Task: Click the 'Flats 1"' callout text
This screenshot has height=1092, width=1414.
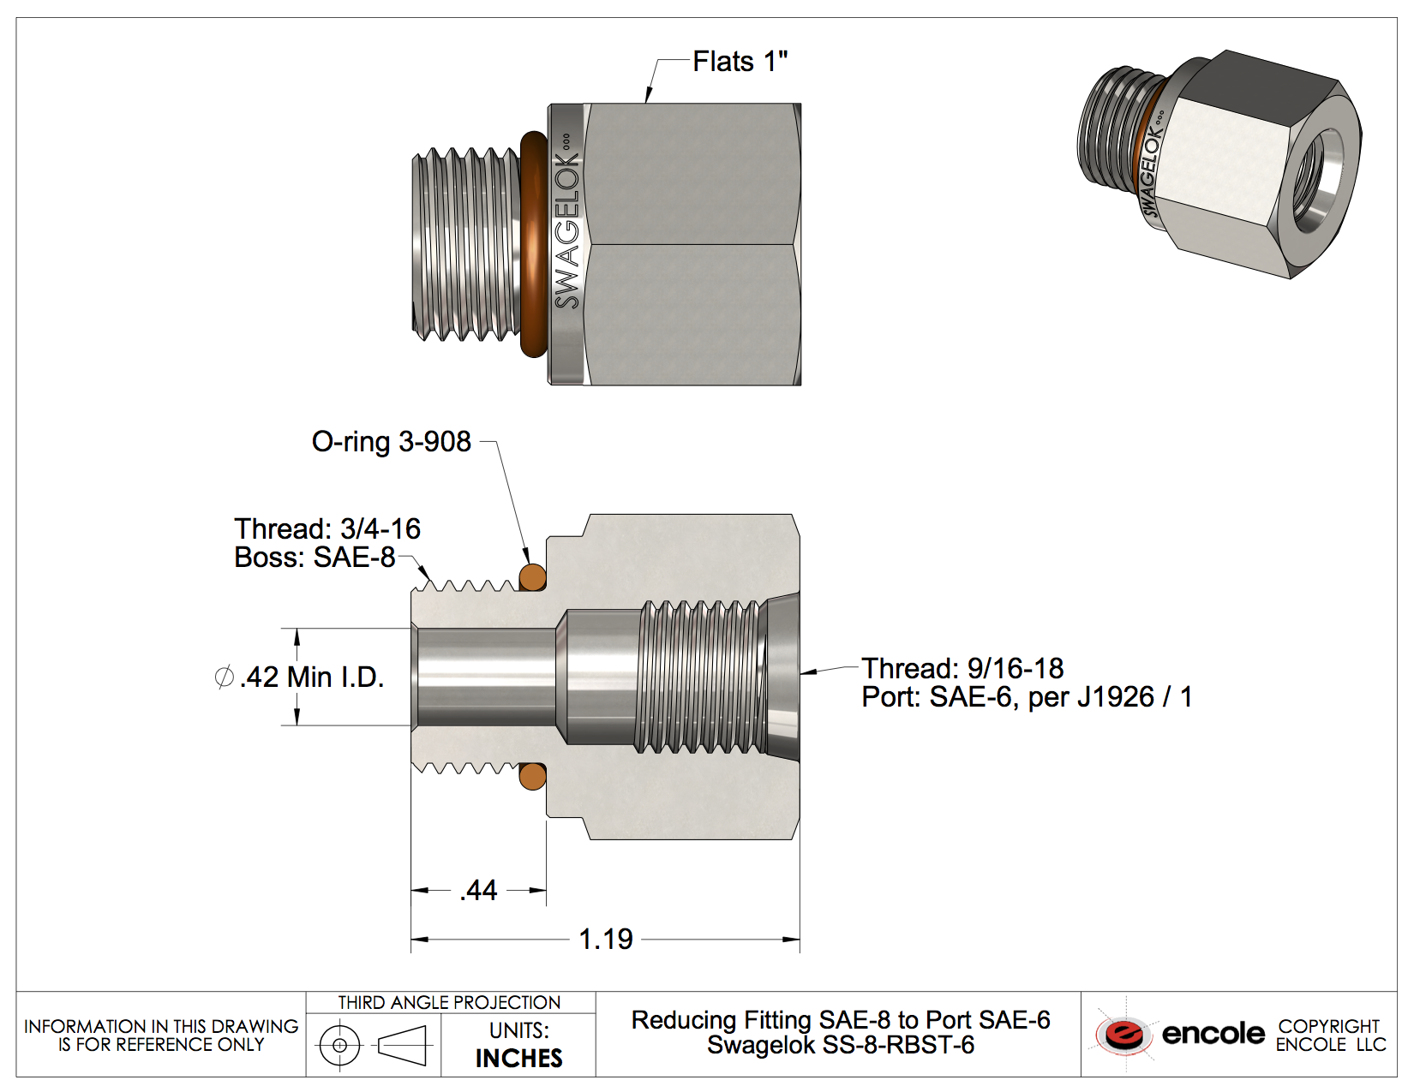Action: [x=739, y=62]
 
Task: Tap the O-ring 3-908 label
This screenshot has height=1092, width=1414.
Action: [x=391, y=441]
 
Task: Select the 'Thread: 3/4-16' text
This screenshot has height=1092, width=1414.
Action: [x=327, y=528]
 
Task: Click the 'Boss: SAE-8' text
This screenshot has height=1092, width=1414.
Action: [x=315, y=558]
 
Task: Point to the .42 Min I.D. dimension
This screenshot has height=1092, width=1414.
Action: [x=311, y=677]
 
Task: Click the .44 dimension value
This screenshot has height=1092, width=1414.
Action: [x=478, y=891]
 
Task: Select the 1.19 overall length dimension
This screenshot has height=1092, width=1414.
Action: [x=605, y=939]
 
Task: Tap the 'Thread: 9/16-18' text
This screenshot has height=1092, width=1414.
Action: [x=962, y=668]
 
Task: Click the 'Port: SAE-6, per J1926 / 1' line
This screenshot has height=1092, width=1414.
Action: [x=1027, y=697]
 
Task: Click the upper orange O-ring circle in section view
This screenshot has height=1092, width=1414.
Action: [x=532, y=577]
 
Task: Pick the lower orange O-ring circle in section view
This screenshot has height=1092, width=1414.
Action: [x=532, y=776]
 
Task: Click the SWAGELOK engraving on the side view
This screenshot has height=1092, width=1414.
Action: [x=566, y=230]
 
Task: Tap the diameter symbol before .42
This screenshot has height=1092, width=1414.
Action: [x=224, y=677]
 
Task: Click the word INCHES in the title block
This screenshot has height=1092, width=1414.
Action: [x=518, y=1058]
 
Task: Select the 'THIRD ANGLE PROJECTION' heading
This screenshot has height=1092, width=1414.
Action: [x=449, y=1002]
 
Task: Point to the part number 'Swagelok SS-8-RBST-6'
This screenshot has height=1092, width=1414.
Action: [x=840, y=1045]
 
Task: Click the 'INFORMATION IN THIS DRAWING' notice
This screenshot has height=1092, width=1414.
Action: [x=161, y=1026]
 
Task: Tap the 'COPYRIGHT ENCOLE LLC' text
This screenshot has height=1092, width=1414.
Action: [x=1329, y=1035]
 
